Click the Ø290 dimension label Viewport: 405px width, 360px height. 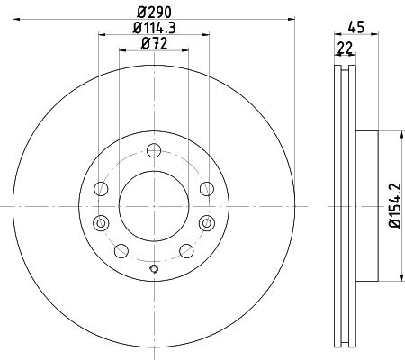click(154, 13)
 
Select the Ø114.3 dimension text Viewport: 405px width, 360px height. click(154, 28)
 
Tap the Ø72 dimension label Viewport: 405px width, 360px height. click(154, 44)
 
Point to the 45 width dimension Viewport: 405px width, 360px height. click(356, 27)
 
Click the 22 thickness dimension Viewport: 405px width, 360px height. click(345, 49)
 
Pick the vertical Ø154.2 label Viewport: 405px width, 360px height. click(395, 206)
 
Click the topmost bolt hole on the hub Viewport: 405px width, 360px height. click(154, 150)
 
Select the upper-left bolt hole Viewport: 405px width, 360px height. click(101, 189)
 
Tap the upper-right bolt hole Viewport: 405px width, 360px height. click(207, 189)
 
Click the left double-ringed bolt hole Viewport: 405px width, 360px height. click(101, 223)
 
